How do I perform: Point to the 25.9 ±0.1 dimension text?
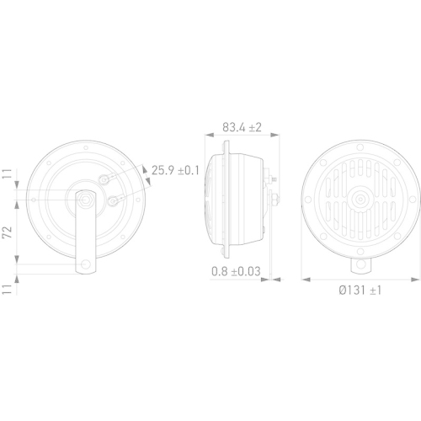176,170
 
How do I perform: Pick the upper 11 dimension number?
7,177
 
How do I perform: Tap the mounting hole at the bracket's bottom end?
85,268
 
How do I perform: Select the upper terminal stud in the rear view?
104,178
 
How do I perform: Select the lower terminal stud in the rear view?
115,200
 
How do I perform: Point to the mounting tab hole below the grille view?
360,264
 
